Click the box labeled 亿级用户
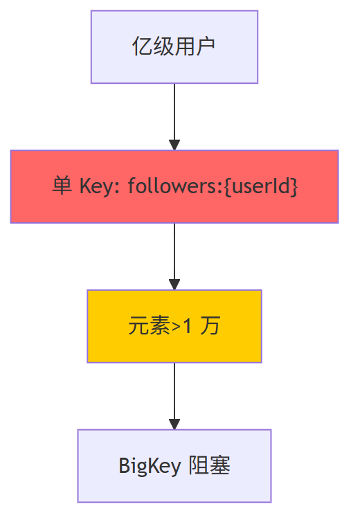point(174,47)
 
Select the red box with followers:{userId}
point(174,186)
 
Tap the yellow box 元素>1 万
point(174,326)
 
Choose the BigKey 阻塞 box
point(174,466)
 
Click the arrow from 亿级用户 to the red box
point(174,117)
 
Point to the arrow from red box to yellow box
point(174,256)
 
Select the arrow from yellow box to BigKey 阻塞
point(174,396)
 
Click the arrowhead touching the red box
point(174,145)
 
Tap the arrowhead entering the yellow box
point(174,285)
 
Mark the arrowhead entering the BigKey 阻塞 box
point(174,424)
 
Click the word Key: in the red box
point(100,186)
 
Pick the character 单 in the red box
point(62,186)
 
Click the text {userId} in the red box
point(261,186)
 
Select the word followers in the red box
point(172,186)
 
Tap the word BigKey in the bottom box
point(150,466)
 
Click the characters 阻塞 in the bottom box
point(209,465)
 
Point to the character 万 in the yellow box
point(210,326)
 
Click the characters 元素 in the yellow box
point(149,326)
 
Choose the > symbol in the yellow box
point(176,327)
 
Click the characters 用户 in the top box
point(195,46)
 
